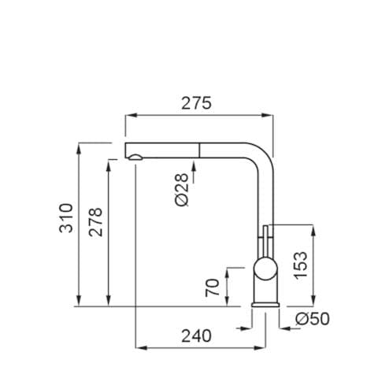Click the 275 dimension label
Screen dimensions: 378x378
[x=196, y=103]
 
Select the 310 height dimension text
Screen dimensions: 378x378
[x=65, y=218]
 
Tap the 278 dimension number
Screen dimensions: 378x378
[x=95, y=222]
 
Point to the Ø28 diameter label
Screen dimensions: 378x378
[x=181, y=190]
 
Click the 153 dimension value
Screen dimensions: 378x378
[x=300, y=265]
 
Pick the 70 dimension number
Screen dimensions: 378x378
[x=212, y=287]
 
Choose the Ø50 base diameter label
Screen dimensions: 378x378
[x=312, y=319]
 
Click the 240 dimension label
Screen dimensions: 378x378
[x=196, y=335]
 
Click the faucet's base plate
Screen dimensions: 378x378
[x=265, y=305]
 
